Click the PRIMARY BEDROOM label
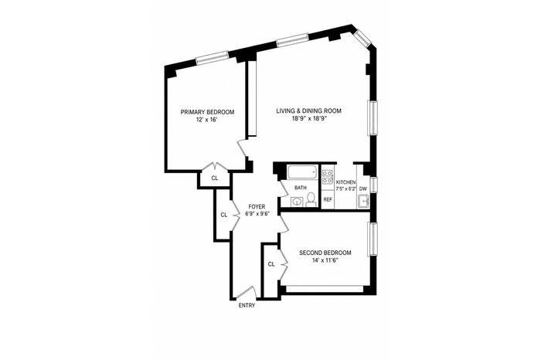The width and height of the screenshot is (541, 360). [x=207, y=112]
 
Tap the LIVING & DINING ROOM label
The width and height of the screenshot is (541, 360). [x=308, y=111]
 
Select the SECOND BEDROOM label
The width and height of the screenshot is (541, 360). [x=325, y=253]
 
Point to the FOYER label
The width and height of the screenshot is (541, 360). [x=257, y=206]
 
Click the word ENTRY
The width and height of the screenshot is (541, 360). [x=247, y=305]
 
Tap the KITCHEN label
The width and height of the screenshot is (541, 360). [x=345, y=182]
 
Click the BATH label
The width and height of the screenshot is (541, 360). [x=301, y=188]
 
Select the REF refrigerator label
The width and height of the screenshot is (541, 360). [x=328, y=199]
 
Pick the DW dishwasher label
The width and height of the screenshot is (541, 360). [x=363, y=189]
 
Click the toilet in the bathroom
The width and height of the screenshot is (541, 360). [x=311, y=199]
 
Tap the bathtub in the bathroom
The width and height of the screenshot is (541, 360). [x=302, y=172]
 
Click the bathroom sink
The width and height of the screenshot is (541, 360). [x=296, y=202]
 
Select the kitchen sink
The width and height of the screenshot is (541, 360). [x=363, y=201]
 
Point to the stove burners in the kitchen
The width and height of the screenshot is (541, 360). [x=327, y=176]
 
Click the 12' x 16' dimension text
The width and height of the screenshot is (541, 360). [x=207, y=120]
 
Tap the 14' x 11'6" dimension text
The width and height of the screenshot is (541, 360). [x=325, y=260]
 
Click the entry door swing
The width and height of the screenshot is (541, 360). [x=246, y=293]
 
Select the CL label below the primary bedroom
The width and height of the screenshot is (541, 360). [x=215, y=178]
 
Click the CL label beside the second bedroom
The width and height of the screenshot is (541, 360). [x=271, y=264]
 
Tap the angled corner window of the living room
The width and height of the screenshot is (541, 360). [x=362, y=38]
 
